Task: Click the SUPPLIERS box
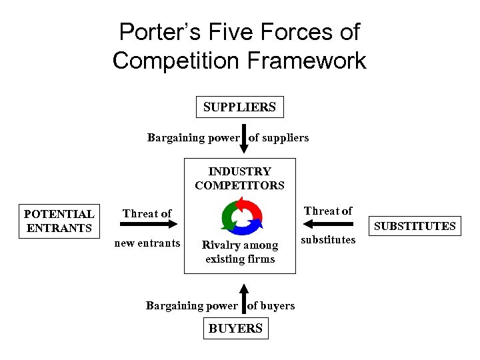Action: [239, 107]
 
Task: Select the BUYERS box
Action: [235, 328]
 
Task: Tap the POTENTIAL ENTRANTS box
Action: [59, 221]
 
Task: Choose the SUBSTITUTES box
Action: [415, 226]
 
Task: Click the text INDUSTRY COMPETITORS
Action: [239, 179]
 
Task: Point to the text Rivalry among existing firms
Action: [240, 252]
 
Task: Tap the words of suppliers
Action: [279, 138]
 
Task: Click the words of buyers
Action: [271, 305]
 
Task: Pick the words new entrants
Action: [147, 243]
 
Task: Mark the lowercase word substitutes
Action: [329, 240]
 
